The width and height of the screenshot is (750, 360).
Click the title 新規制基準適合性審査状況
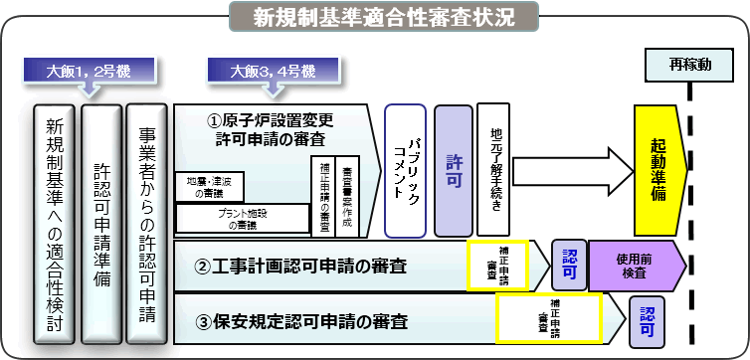pos(383,16)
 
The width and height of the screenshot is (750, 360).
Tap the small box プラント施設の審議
pos(241,218)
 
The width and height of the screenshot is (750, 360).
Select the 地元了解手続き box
pos(494,169)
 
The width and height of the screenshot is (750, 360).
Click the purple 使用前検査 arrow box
pos(636,266)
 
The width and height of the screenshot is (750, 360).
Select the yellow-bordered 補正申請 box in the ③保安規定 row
pos(548,317)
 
